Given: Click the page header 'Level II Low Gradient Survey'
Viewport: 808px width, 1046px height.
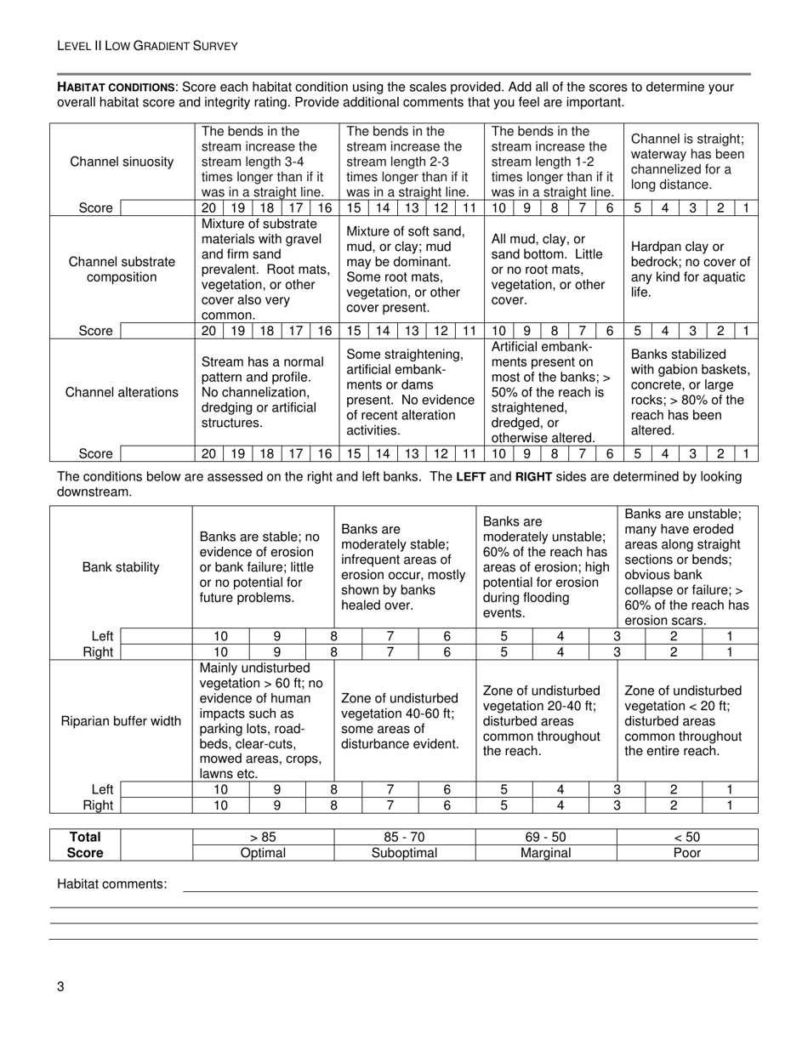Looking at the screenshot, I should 147,46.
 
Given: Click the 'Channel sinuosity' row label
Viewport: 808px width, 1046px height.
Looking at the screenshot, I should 122,162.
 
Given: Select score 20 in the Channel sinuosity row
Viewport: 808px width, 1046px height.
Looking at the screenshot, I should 208,208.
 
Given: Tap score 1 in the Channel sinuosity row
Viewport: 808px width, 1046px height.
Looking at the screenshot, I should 747,208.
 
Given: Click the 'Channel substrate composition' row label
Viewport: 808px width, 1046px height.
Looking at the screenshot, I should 122,270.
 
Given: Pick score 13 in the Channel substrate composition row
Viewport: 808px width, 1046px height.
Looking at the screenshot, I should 411,332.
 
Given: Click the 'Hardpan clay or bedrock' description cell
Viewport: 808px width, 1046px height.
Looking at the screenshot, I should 691,270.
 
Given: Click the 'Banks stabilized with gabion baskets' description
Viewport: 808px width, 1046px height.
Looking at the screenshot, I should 691,391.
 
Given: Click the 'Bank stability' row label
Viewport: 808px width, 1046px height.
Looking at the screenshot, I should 121,567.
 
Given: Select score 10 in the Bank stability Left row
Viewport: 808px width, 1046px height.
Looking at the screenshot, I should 220,636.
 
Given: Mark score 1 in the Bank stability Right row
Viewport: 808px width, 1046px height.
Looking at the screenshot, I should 730,652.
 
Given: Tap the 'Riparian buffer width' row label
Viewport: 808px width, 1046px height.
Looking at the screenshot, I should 121,721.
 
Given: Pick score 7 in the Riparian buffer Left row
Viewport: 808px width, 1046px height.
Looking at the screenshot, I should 390,789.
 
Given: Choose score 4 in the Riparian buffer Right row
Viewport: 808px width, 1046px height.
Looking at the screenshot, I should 560,805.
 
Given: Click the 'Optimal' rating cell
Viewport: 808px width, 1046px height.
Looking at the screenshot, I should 263,853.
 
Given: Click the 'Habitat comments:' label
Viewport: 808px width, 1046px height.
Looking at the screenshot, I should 111,884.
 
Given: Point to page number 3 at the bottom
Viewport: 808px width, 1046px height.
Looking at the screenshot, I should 60,986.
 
